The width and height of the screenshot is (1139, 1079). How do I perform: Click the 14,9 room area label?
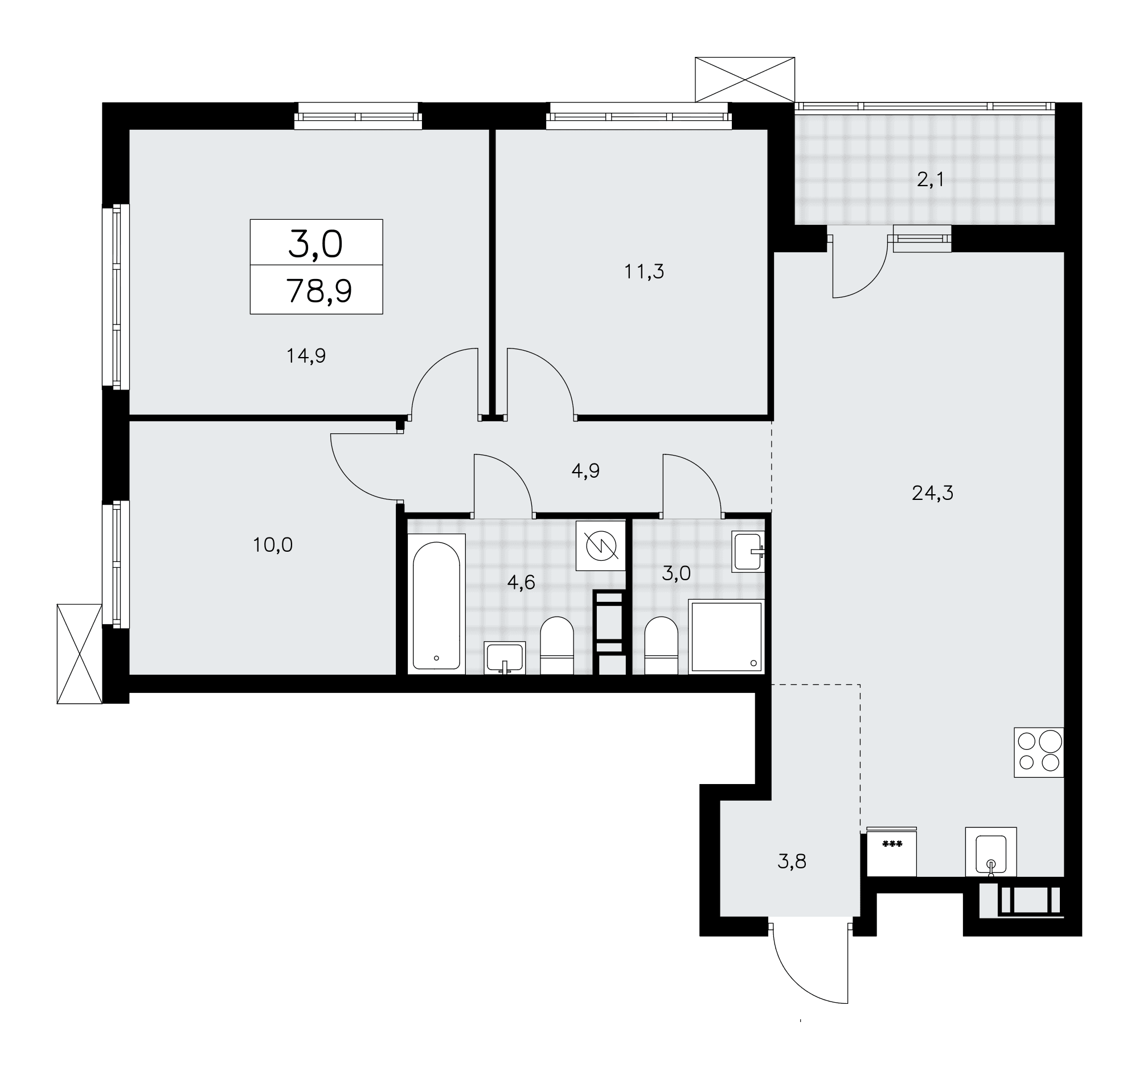click(x=306, y=356)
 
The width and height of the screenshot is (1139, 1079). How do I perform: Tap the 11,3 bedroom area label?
click(x=644, y=272)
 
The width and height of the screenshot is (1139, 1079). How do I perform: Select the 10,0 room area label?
click(x=273, y=545)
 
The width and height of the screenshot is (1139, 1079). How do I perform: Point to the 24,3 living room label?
click(x=932, y=493)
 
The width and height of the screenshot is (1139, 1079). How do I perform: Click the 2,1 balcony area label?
click(x=930, y=180)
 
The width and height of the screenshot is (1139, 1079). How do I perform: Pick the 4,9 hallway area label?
click(x=585, y=471)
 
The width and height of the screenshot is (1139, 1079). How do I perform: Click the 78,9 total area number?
click(x=319, y=291)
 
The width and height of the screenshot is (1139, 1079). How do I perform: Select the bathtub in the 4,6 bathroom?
click(x=436, y=604)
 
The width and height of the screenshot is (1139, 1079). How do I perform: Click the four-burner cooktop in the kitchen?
click(x=1039, y=753)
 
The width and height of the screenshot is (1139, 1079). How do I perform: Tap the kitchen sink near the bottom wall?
click(x=991, y=852)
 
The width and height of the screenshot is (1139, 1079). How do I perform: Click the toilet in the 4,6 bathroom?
click(x=557, y=645)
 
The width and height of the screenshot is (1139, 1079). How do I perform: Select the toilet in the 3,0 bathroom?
click(x=662, y=645)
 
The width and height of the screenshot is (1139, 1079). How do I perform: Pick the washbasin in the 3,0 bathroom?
click(x=748, y=552)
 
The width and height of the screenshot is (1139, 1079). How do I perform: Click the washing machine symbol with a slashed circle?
click(x=601, y=546)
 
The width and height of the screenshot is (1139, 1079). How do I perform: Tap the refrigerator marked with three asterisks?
click(x=892, y=852)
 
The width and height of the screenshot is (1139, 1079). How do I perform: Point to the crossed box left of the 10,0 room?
click(x=79, y=654)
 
